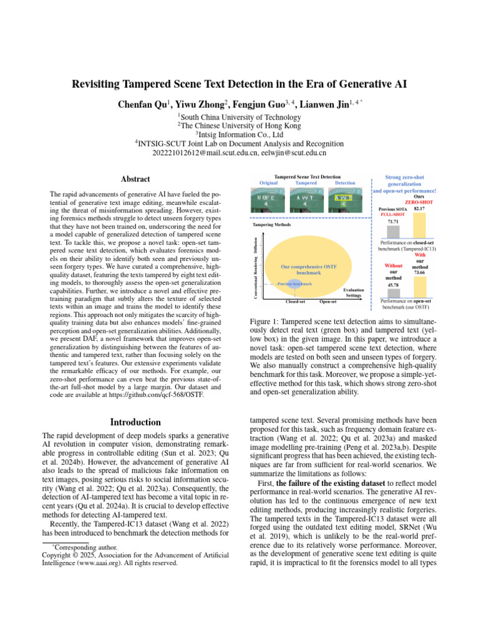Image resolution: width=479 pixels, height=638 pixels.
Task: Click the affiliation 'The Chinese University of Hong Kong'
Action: [239, 125]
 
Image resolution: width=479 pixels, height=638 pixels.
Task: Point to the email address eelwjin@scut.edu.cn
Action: [291, 152]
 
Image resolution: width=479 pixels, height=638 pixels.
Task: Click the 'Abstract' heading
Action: [135, 179]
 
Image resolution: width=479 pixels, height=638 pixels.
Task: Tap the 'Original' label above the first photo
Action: [268, 183]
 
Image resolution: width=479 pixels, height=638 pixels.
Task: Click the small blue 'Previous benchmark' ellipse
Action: [294, 284]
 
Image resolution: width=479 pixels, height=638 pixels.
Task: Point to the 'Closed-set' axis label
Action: [295, 302]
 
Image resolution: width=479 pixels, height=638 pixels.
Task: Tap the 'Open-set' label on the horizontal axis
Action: [328, 302]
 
